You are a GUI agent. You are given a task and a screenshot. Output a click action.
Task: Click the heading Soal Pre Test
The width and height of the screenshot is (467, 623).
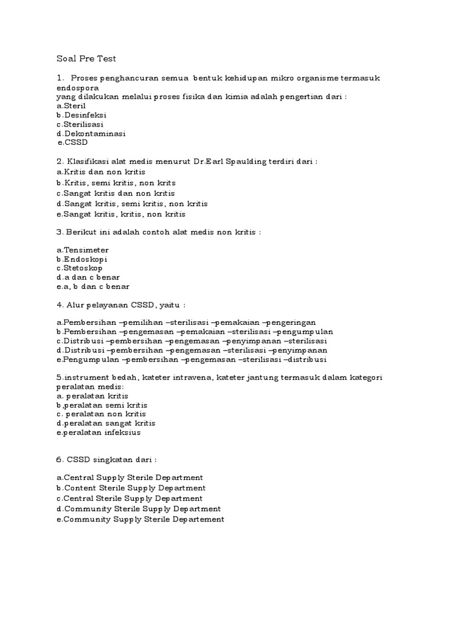coord(85,59)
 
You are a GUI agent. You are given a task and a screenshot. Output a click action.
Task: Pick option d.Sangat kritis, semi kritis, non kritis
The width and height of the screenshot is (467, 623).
coord(132,204)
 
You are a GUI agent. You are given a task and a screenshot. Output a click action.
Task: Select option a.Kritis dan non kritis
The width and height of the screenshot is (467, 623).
coord(97,172)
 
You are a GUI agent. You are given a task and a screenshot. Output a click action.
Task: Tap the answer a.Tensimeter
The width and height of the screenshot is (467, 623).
coord(82,250)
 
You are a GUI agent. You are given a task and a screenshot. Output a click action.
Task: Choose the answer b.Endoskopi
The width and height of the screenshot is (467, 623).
coord(81,259)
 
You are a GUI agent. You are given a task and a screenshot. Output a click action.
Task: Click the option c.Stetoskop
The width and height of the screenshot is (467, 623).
coord(80,268)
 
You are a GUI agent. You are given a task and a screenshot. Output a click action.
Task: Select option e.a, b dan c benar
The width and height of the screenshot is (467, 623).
coord(92,287)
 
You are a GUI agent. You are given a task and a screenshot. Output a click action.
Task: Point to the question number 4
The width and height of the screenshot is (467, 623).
coord(59,304)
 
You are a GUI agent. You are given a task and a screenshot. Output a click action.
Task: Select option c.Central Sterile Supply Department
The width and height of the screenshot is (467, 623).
coord(130,498)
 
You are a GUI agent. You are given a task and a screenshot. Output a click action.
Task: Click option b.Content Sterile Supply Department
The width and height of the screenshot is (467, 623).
coord(131,488)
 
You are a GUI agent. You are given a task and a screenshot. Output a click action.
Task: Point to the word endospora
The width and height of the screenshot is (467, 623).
coord(78,87)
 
